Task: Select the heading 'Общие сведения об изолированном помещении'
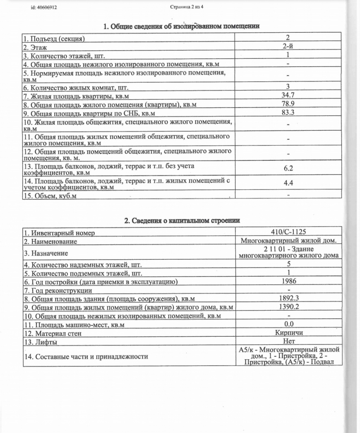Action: click(x=182, y=26)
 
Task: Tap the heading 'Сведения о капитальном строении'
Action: click(x=182, y=220)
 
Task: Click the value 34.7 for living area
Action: click(x=288, y=96)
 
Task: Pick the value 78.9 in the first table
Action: click(x=288, y=105)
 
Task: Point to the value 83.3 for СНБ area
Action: click(x=288, y=112)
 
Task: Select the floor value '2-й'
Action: click(x=288, y=47)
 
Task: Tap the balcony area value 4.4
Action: click(x=288, y=182)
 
